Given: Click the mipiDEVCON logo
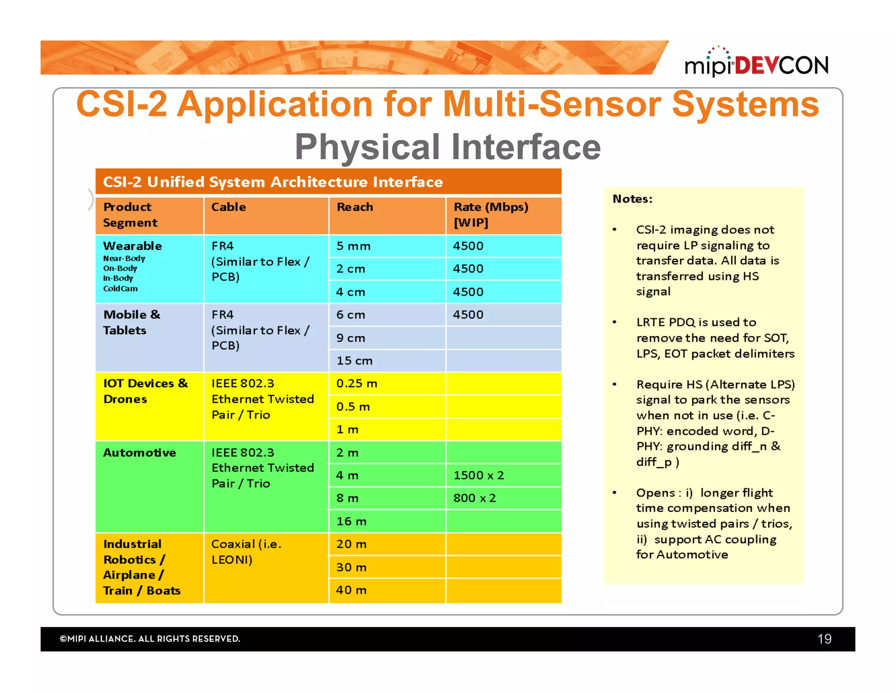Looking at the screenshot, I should click(756, 64).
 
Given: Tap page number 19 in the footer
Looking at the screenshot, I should click(824, 639).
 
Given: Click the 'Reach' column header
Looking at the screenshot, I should click(355, 207).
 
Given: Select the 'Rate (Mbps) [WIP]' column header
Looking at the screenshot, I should click(490, 215).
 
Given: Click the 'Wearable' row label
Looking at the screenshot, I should click(132, 246).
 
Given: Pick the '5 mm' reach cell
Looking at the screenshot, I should click(353, 246).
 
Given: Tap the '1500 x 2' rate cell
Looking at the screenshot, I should click(479, 475).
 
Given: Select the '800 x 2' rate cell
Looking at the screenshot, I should click(474, 498).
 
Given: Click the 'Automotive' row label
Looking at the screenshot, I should click(139, 453).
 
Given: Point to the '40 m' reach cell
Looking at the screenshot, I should click(351, 590).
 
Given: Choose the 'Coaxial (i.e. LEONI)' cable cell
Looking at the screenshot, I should click(246, 552).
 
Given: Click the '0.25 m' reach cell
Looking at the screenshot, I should click(357, 384).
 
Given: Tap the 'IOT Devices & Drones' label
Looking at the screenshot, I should click(145, 391).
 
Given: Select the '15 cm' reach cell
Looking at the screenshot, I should click(354, 361).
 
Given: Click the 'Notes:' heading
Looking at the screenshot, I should click(632, 199).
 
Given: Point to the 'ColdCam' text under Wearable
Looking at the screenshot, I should click(120, 289).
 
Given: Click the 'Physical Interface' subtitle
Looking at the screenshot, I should click(448, 147).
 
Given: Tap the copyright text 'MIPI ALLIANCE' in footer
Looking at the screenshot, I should click(150, 639).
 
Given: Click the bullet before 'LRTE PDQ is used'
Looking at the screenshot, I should click(614, 322).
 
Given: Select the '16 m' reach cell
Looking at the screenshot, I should click(351, 521).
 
